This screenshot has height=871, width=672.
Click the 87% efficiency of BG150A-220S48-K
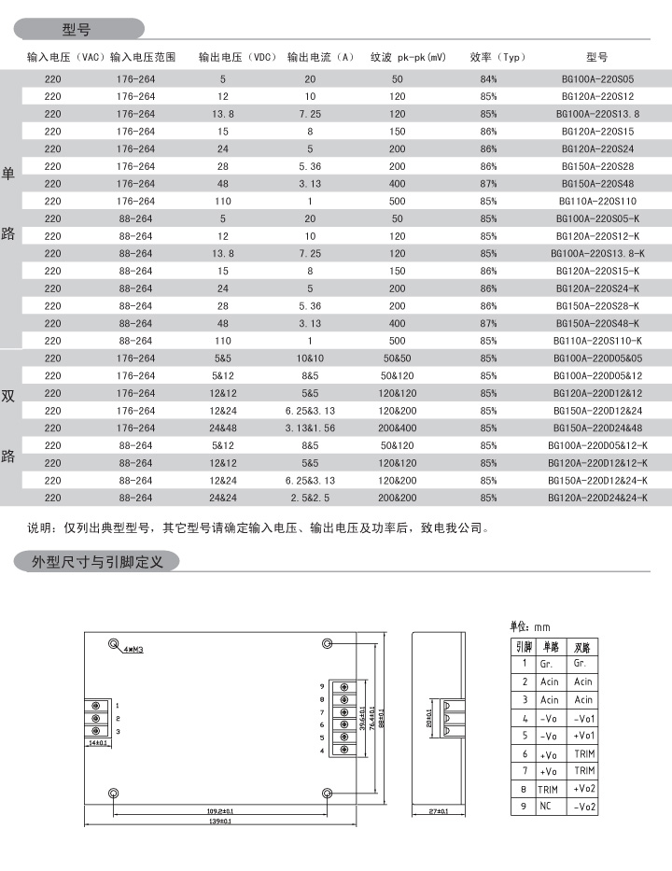488,324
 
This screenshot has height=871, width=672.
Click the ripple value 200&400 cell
398,428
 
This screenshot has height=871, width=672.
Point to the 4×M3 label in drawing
133,648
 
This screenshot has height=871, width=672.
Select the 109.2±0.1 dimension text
220,810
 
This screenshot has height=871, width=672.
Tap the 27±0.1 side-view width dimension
438,812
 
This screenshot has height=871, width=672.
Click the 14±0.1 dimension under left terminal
96,744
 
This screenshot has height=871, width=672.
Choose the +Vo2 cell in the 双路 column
584,789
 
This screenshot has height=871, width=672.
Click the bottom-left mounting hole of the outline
113,793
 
